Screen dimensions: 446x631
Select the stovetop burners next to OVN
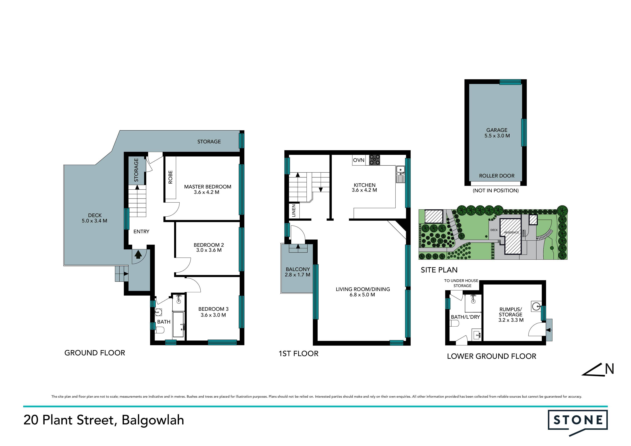[374, 160]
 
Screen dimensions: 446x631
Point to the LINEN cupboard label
[294, 211]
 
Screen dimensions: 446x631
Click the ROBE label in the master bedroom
[170, 177]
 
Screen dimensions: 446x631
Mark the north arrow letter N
[609, 369]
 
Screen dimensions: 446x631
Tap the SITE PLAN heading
[439, 270]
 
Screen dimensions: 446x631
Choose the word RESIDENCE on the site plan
[511, 233]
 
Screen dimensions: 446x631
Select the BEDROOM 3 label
[213, 312]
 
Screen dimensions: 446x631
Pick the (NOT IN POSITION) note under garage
[496, 190]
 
